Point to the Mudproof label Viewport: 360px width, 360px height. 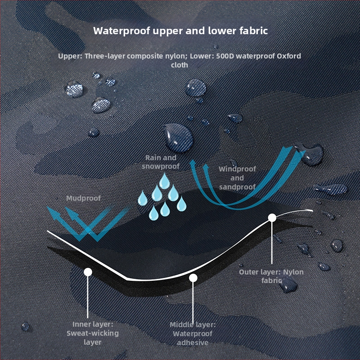coord(83,198)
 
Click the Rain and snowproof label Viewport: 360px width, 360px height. coord(161,162)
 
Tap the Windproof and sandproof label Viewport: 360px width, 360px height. coord(237,178)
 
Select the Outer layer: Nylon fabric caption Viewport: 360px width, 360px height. coord(271,276)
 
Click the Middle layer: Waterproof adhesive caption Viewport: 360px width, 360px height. coord(193,333)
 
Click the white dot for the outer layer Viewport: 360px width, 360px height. coord(272,218)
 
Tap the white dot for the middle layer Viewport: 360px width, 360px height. coord(193,278)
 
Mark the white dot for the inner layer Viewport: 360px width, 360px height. coord(88,272)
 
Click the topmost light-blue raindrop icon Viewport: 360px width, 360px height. coord(165,181)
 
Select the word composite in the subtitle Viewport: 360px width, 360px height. coord(148,56)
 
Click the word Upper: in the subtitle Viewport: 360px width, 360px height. coord(69,56)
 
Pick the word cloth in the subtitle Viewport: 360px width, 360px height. coord(179,65)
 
